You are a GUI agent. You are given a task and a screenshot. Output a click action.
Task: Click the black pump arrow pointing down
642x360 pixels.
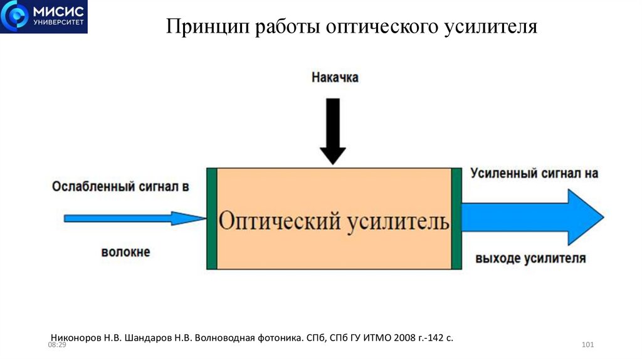pos(333,131)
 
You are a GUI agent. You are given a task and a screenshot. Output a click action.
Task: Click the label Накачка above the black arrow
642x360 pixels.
pos(335,78)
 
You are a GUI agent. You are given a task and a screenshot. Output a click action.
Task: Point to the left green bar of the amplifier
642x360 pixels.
pos(212,218)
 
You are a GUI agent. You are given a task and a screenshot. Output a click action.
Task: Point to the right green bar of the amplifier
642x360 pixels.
pos(456,218)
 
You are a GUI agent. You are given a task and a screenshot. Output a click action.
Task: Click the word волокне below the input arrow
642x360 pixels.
pos(125,252)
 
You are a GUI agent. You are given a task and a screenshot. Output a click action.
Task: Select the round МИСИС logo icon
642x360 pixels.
pos(16,16)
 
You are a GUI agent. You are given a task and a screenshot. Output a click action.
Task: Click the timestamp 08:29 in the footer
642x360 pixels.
pos(57,346)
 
